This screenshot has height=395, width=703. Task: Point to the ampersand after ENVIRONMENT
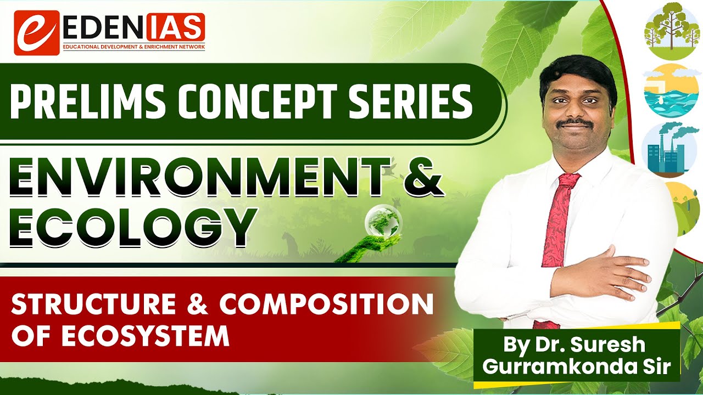(420, 176)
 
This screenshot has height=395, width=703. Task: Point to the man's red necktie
(556, 230)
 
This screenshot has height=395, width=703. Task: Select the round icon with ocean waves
(671, 92)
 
